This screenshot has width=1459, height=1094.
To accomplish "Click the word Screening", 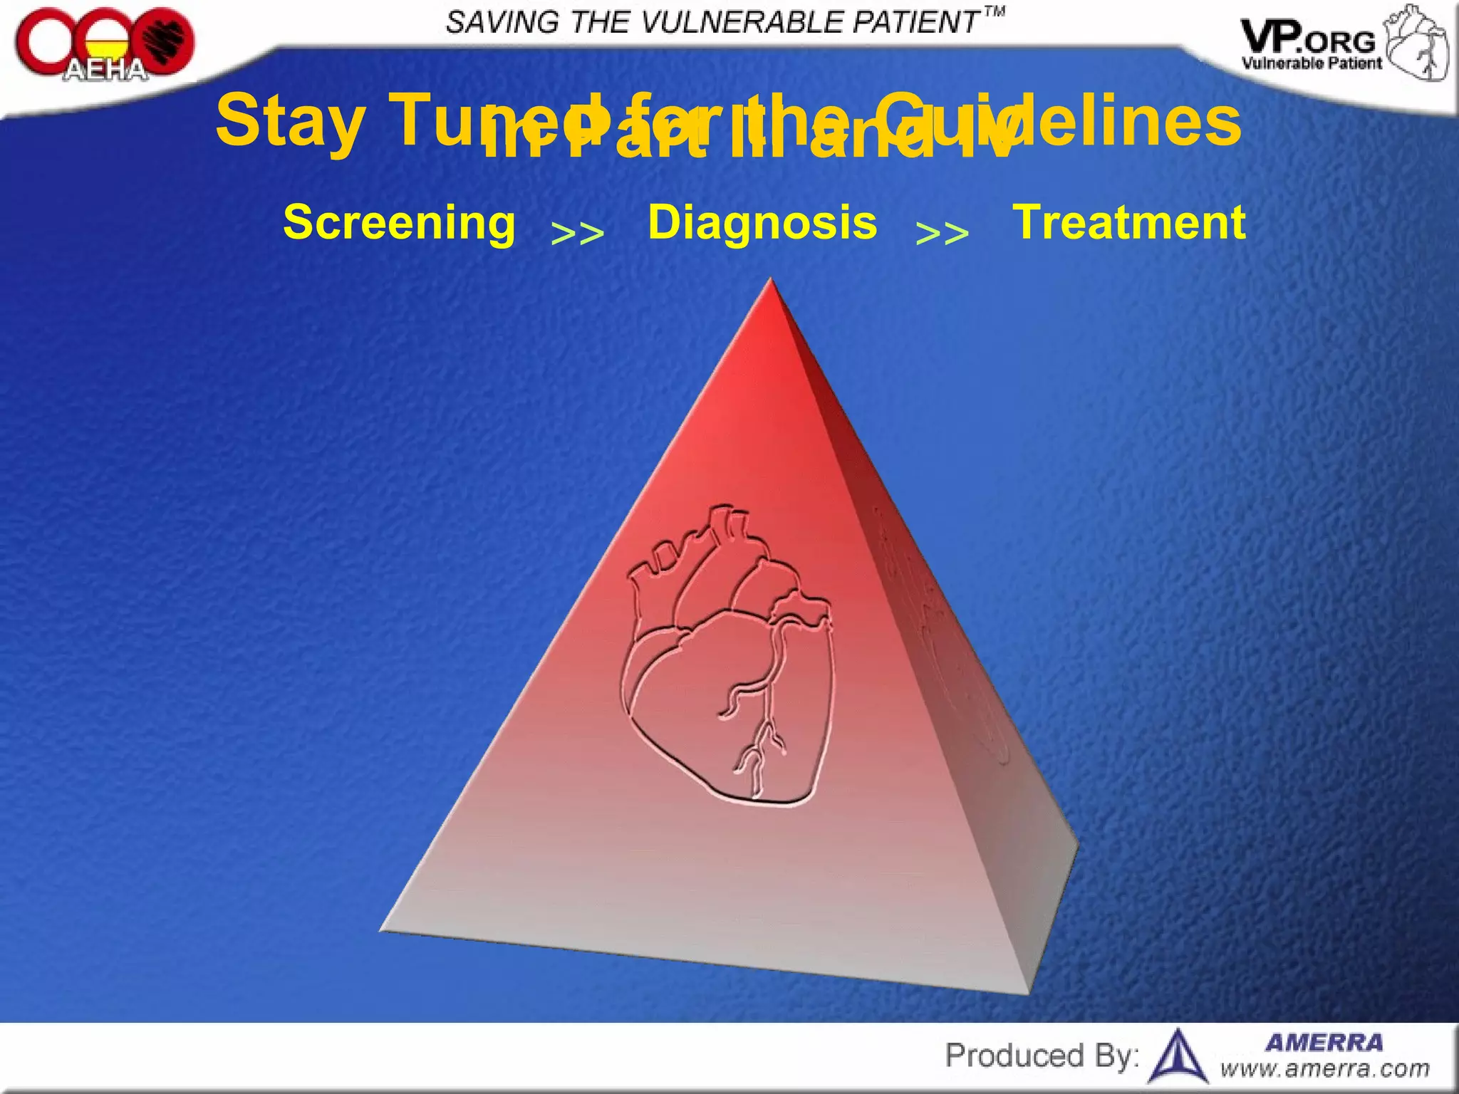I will click(399, 222).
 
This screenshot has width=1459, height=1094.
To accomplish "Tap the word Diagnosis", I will click(762, 222).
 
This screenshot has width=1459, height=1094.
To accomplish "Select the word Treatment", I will click(1129, 222).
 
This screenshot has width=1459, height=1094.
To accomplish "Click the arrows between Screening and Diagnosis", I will click(578, 233).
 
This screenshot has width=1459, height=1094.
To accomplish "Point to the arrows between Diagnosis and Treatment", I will click(942, 233).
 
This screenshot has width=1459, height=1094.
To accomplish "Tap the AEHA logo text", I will click(105, 70).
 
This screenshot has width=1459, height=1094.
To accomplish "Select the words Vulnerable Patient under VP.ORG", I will click(1312, 63).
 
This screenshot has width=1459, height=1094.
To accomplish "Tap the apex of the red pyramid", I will click(770, 281).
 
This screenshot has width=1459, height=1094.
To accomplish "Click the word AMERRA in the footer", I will click(1324, 1043).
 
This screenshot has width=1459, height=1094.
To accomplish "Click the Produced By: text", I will click(1042, 1056).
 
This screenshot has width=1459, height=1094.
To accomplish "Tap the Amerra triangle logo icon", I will click(1179, 1057).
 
